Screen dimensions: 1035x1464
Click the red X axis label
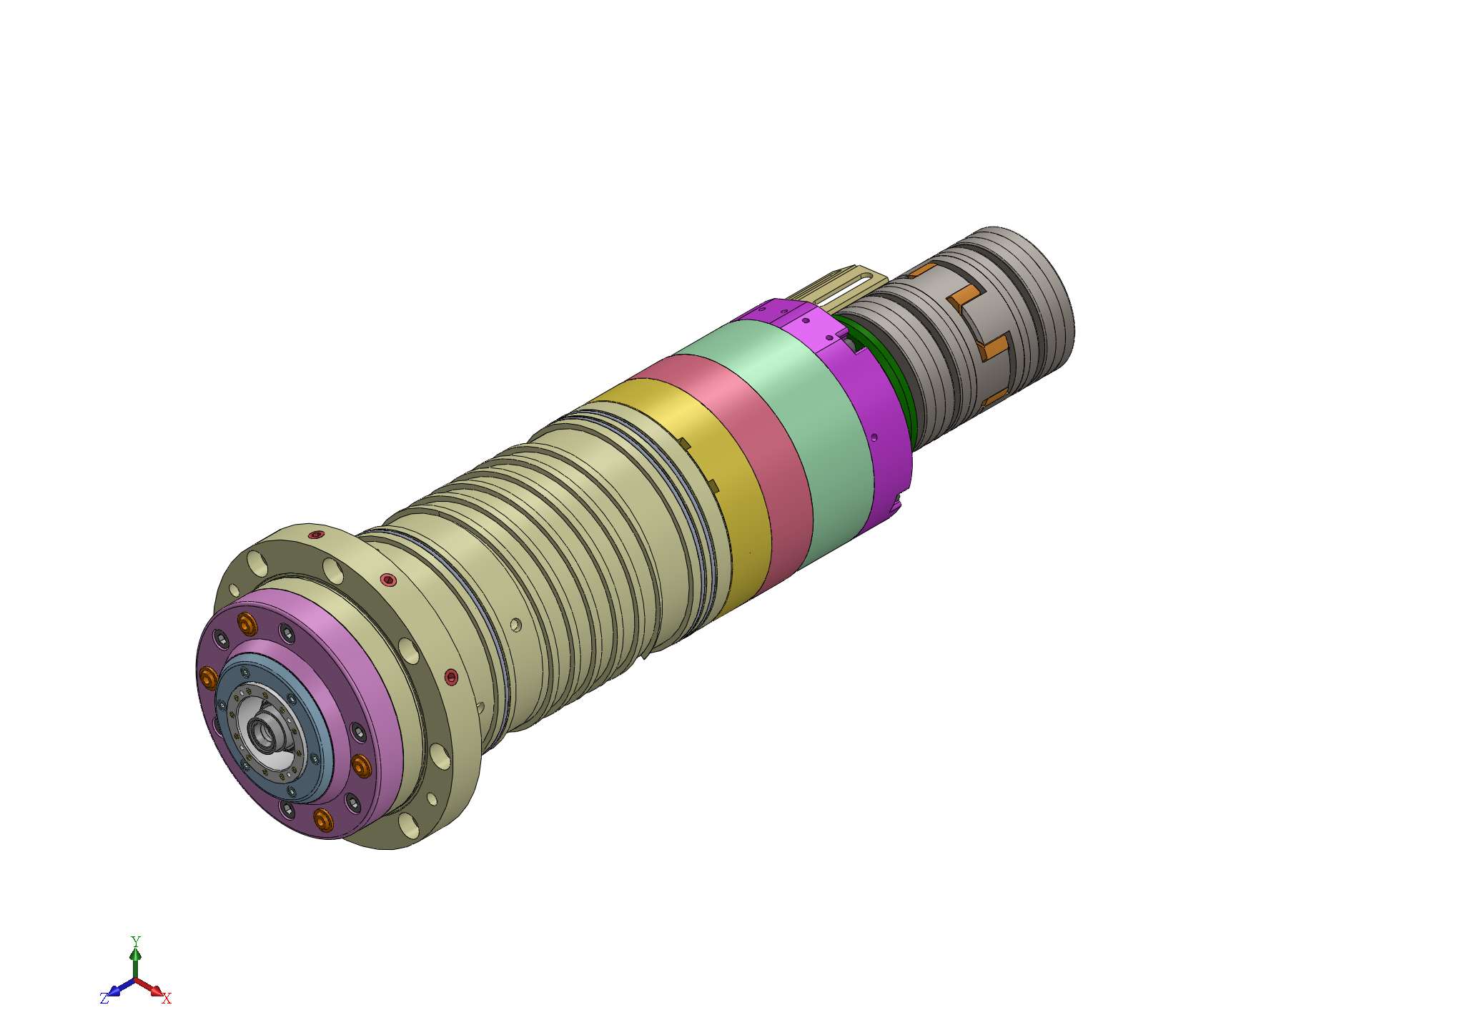(167, 999)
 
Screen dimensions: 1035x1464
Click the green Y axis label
(135, 941)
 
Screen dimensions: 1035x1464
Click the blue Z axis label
(104, 999)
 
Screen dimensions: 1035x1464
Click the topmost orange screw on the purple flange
(247, 625)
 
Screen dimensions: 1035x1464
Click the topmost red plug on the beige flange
(316, 535)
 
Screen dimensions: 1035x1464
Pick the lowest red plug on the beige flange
(451, 675)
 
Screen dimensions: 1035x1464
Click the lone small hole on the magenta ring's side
(874, 437)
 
